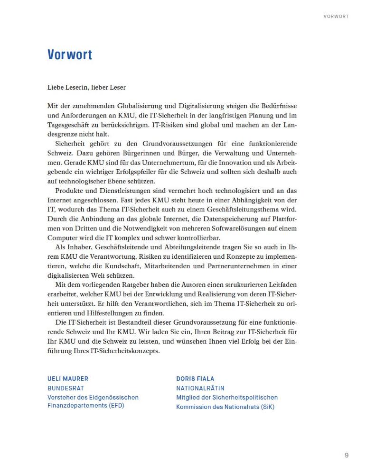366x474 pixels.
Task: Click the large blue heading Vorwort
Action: coord(70,55)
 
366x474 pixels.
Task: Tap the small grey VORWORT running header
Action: coord(336,16)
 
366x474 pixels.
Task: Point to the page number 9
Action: coord(347,456)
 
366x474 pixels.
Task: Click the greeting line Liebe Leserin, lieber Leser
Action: coord(86,87)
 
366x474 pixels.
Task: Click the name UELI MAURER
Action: coord(68,379)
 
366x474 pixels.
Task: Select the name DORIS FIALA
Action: coord(195,379)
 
